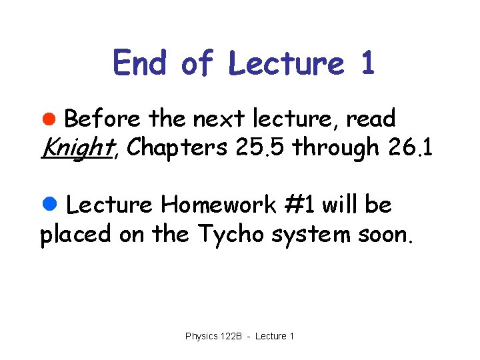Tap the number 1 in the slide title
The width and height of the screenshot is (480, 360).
point(366,63)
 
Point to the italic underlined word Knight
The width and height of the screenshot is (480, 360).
point(75,148)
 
